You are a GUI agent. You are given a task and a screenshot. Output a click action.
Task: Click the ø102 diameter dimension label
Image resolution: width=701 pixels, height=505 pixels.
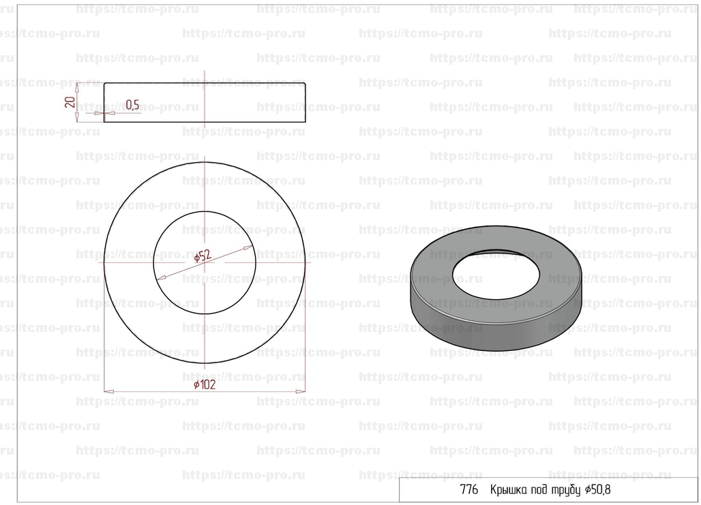point(205,385)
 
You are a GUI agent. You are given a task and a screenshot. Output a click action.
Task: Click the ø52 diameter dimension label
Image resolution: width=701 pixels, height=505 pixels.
point(203,256)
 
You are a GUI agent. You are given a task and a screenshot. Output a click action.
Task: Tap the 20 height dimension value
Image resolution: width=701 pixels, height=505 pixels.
point(70,102)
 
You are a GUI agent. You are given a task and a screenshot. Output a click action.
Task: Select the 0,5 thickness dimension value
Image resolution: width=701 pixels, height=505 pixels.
point(132,105)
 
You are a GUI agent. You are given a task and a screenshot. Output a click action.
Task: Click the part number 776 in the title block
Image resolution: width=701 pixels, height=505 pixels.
point(469,490)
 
